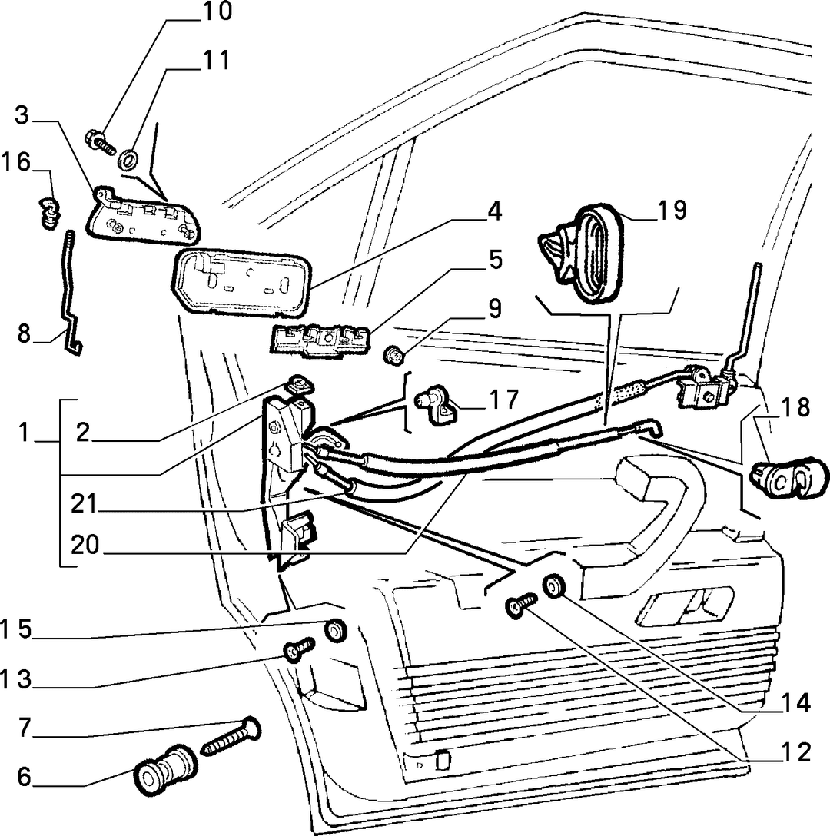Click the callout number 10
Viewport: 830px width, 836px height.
(x=216, y=12)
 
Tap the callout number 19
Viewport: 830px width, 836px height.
(x=671, y=210)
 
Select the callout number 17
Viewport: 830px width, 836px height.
(x=503, y=400)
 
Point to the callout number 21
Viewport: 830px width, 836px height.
(x=85, y=504)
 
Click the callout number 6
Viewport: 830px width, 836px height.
(x=25, y=777)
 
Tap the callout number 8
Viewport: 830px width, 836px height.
(x=25, y=334)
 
